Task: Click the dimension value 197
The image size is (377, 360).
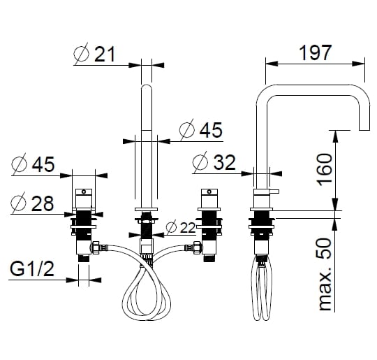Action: click(x=315, y=52)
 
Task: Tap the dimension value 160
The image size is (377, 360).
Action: click(x=325, y=170)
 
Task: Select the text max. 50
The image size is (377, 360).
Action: click(x=325, y=274)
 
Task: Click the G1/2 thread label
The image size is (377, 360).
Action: click(x=32, y=268)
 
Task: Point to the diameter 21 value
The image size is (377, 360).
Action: click(x=105, y=54)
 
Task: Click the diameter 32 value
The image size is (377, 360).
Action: click(x=224, y=162)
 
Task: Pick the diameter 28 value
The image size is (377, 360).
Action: click(x=43, y=203)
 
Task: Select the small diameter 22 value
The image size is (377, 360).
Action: click(x=188, y=227)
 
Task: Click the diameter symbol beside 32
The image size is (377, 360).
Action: click(x=200, y=162)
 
